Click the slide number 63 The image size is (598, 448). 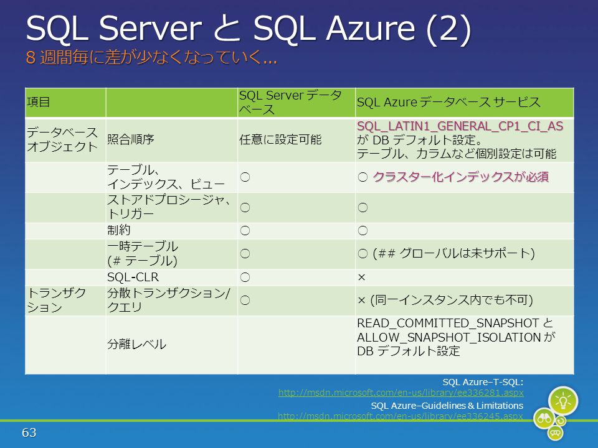pyautogui.click(x=29, y=432)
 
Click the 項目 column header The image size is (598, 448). pyautogui.click(x=38, y=102)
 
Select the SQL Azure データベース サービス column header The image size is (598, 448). pyautogui.click(x=448, y=102)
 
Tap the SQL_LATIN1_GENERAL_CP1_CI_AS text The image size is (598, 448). pyautogui.click(x=460, y=126)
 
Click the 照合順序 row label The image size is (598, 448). pyautogui.click(x=130, y=139)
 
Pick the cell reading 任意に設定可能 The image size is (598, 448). pyautogui.click(x=280, y=139)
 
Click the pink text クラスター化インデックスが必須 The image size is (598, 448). pyautogui.click(x=461, y=177)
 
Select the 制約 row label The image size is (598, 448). pyautogui.click(x=118, y=230)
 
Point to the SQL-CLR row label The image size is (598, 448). pyautogui.click(x=133, y=277)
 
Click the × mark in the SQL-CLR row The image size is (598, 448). pyautogui.click(x=361, y=278)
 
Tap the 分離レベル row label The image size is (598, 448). pyautogui.click(x=136, y=344)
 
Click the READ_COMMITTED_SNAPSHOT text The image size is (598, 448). pyautogui.click(x=448, y=323)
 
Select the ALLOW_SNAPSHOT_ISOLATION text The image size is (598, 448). pyautogui.click(x=449, y=337)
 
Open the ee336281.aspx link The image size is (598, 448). pyautogui.click(x=401, y=393)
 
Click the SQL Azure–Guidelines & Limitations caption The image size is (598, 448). pyautogui.click(x=447, y=405)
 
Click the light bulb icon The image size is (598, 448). pyautogui.click(x=563, y=401)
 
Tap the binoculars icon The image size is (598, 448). pyautogui.click(x=544, y=418)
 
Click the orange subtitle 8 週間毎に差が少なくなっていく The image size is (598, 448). pyautogui.click(x=151, y=57)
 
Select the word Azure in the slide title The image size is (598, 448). pyautogui.click(x=370, y=29)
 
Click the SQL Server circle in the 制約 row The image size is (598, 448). pyautogui.click(x=245, y=230)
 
